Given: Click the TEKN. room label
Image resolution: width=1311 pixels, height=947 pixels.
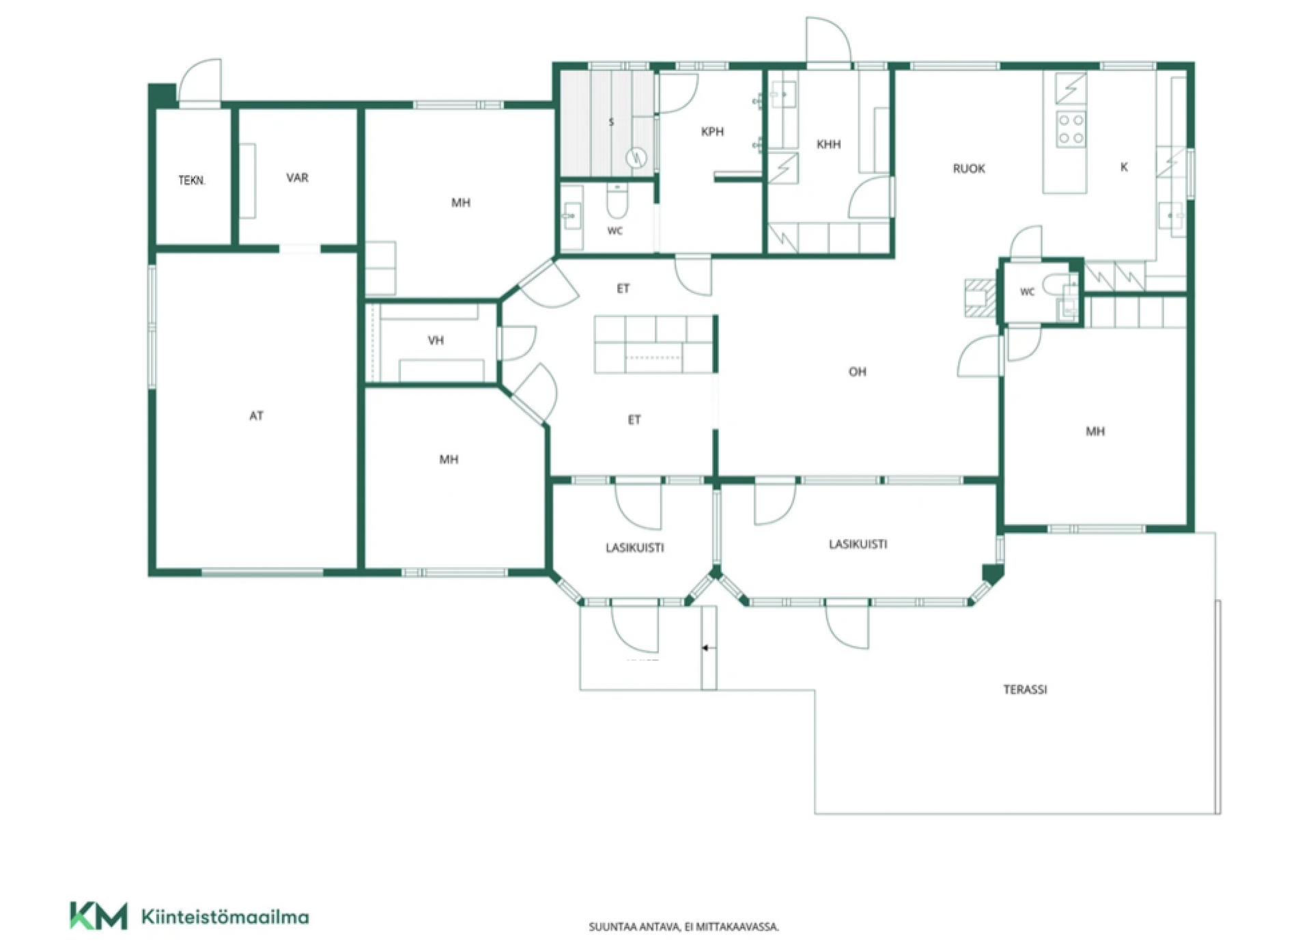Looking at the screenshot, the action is click(x=192, y=180).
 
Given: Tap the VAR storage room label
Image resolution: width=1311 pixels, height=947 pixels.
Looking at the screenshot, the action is click(x=297, y=178).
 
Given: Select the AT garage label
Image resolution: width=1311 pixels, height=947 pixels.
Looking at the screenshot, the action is click(x=256, y=415).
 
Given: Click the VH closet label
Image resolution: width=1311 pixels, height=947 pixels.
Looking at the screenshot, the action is click(x=436, y=340).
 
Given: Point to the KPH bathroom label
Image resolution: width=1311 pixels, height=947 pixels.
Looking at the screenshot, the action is click(x=712, y=131).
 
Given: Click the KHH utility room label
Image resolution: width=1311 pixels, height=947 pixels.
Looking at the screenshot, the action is click(x=828, y=144).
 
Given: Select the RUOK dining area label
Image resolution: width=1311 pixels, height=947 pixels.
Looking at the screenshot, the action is click(x=969, y=168).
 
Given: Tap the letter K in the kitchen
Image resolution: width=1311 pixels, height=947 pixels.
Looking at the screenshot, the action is click(x=1124, y=167).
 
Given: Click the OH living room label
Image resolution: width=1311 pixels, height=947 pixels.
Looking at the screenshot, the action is click(x=857, y=372).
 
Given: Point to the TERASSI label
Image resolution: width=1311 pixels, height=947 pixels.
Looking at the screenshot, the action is click(x=1025, y=689).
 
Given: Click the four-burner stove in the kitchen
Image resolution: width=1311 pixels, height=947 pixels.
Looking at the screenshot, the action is click(x=1071, y=130).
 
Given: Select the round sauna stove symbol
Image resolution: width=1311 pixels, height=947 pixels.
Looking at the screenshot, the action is click(x=636, y=158).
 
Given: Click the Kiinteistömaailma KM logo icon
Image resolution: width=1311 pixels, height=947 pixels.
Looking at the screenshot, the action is click(x=98, y=916).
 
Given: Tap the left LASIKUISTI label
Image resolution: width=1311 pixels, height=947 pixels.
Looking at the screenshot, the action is click(x=635, y=547).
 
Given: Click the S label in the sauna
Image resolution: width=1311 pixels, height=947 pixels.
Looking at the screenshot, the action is click(x=611, y=122).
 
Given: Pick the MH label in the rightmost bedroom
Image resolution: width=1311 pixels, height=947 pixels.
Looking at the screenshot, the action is click(x=1095, y=431).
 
